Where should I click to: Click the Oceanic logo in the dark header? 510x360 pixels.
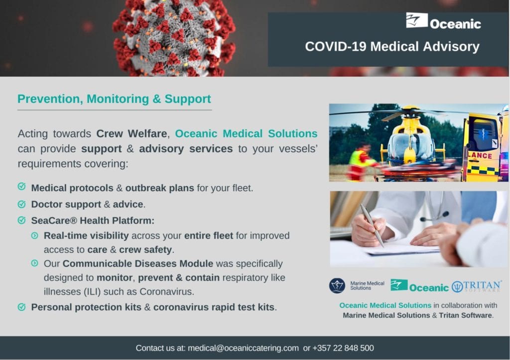(443, 21)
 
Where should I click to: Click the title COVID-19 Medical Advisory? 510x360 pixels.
(392, 46)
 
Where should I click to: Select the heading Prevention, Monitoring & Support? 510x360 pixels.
(114, 99)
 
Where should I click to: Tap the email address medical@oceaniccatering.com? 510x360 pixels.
(243, 348)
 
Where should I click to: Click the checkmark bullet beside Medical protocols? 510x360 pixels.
(21, 187)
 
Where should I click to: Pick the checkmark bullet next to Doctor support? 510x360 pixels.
(21, 204)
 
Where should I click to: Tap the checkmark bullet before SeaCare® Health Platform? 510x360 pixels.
(21, 220)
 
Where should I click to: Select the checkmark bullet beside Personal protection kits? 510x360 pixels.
(21, 307)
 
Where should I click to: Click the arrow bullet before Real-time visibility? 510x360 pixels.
(35, 236)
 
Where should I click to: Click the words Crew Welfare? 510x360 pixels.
(131, 133)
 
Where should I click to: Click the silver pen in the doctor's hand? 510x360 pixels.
(372, 225)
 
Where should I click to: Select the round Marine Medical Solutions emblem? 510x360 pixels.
(337, 286)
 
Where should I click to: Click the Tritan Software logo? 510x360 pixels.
(477, 286)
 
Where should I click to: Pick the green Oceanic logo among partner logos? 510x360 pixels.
(419, 286)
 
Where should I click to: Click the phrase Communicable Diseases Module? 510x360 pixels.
(138, 263)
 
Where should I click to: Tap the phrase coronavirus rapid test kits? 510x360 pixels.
(214, 307)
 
